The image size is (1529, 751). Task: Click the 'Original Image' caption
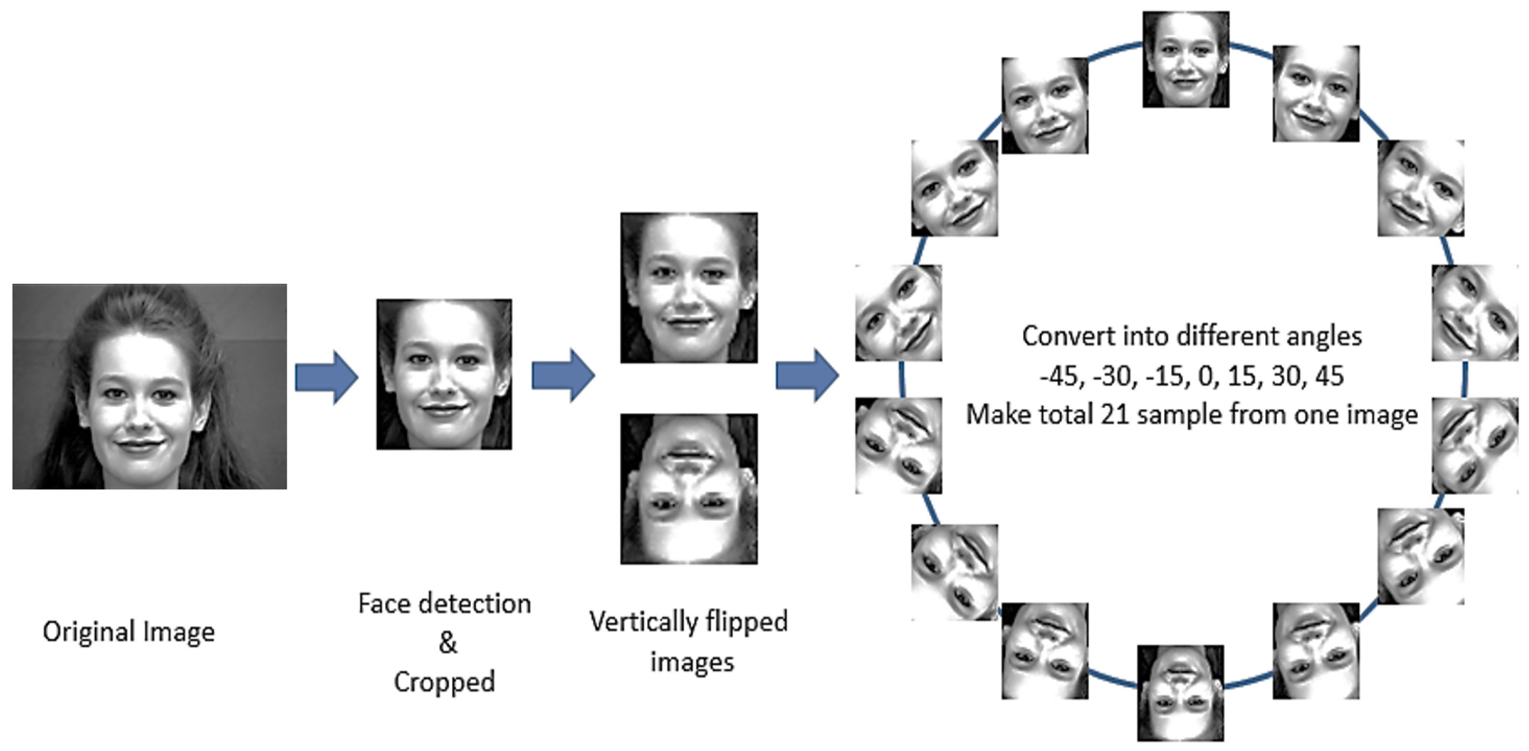[x=129, y=631]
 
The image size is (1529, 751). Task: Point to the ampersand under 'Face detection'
[x=448, y=642]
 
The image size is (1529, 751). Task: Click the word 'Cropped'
[x=444, y=682]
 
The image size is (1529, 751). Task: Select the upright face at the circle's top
[x=1186, y=59]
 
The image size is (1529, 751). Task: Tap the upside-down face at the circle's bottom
[x=1180, y=693]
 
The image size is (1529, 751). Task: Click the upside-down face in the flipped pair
[x=688, y=489]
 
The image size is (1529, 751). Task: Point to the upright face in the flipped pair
[x=688, y=288]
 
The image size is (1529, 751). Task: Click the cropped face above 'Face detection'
[x=444, y=374]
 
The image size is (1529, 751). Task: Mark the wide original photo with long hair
[x=149, y=387]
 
